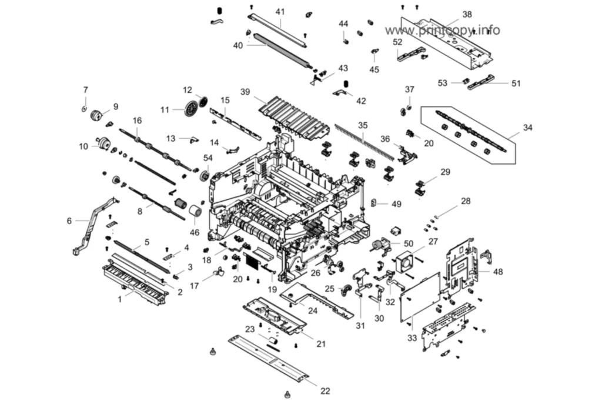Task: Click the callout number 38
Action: (x=467, y=15)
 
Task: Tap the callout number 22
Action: (x=325, y=391)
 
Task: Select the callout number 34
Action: (x=528, y=127)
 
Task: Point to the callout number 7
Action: (x=86, y=90)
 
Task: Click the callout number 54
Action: (x=208, y=158)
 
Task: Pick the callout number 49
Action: (x=396, y=204)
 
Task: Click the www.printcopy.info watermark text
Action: (x=442, y=30)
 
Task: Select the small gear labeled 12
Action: (x=203, y=101)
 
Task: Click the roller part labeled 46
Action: (x=196, y=212)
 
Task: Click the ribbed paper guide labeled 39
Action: (x=295, y=115)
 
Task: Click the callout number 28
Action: (x=466, y=201)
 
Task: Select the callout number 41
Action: (x=280, y=12)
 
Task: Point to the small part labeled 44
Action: (x=345, y=39)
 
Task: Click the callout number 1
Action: (x=120, y=299)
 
